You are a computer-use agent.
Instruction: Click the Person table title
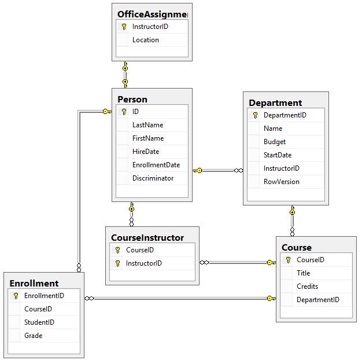pyautogui.click(x=132, y=99)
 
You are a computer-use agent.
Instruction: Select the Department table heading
pyautogui.click(x=275, y=102)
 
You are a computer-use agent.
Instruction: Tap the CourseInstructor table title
pyautogui.click(x=147, y=237)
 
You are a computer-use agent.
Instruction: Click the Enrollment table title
pyautogui.click(x=34, y=283)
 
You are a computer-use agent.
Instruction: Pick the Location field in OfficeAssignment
pyautogui.click(x=145, y=40)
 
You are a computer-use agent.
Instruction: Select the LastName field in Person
pyautogui.click(x=147, y=125)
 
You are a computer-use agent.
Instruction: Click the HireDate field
pyautogui.click(x=145, y=152)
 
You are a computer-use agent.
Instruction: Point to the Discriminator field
pyautogui.click(x=153, y=178)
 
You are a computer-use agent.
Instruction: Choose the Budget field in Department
pyautogui.click(x=275, y=142)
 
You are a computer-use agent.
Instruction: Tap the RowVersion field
pyautogui.click(x=282, y=182)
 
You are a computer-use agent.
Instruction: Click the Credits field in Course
pyautogui.click(x=307, y=286)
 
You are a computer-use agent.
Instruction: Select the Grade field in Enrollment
pyautogui.click(x=33, y=336)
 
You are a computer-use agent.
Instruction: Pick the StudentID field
pyautogui.click(x=39, y=322)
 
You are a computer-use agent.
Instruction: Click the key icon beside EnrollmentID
pyautogui.click(x=16, y=296)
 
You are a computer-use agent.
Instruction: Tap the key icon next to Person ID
pyautogui.click(x=124, y=112)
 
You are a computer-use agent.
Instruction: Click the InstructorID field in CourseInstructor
pyautogui.click(x=144, y=263)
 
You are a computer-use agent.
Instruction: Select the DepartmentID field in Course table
pyautogui.click(x=317, y=300)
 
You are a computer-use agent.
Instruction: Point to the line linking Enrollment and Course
pyautogui.click(x=179, y=299)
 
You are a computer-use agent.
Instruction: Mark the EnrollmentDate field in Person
pyautogui.click(x=156, y=165)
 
